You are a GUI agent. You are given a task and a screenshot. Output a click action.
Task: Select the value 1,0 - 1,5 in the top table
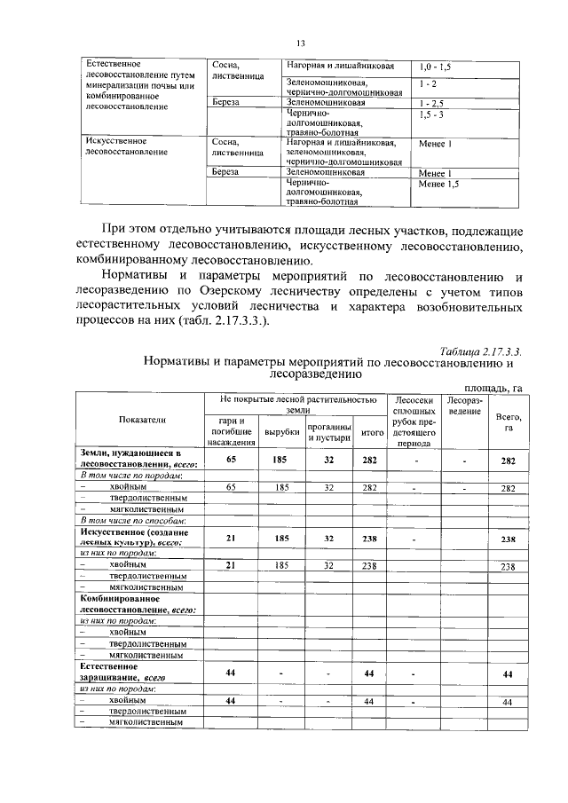point(435,67)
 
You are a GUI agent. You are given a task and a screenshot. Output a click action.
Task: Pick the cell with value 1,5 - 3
point(431,115)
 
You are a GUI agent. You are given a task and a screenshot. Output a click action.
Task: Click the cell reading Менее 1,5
point(440,184)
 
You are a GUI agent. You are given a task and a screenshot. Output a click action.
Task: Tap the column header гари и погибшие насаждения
point(231,430)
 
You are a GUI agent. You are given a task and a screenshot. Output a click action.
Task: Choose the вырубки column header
point(280,431)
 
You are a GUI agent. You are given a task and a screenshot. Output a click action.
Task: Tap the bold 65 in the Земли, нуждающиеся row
point(231,460)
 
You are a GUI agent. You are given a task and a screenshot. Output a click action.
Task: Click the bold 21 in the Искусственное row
point(231,538)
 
